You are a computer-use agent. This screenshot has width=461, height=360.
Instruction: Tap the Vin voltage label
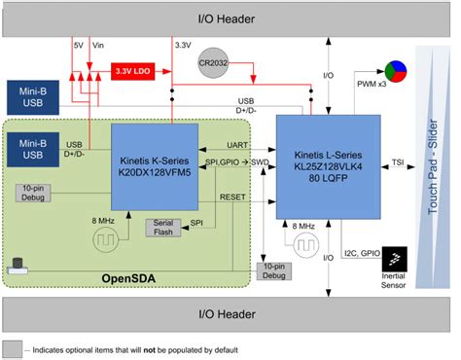click(x=97, y=45)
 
